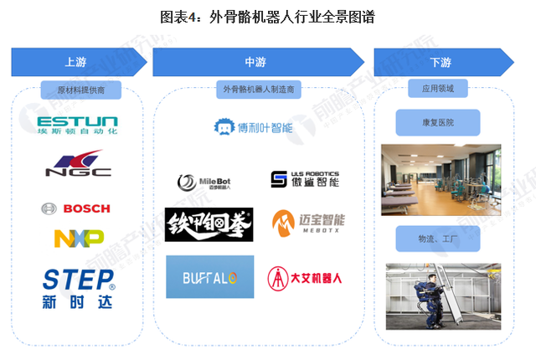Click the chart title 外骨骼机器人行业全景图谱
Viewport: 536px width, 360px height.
pos(267,15)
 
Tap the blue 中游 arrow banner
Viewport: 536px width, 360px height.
pos(256,62)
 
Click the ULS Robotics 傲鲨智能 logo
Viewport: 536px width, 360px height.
pos(305,179)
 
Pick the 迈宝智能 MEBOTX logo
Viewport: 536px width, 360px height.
pos(308,224)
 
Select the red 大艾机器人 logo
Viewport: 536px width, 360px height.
pos(307,276)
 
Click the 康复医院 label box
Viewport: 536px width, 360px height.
pos(439,124)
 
